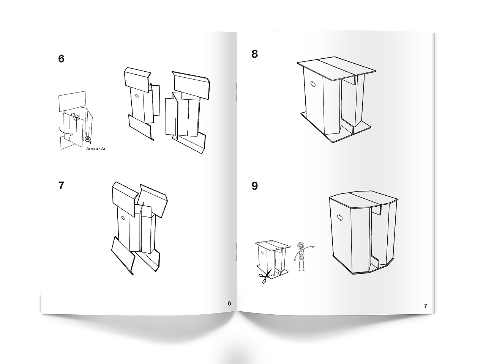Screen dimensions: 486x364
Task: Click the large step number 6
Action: coord(61,58)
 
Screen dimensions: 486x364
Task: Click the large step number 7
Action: coord(62,185)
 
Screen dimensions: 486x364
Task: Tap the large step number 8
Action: coord(255,54)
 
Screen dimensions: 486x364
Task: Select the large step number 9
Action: coord(255,186)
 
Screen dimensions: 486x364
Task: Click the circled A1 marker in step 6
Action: coord(76,118)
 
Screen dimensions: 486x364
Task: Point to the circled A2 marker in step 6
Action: coord(88,139)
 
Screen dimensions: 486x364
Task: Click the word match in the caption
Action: coord(96,149)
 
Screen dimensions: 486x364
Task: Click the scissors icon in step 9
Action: coord(265,276)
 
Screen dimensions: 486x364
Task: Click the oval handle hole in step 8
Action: coord(314,84)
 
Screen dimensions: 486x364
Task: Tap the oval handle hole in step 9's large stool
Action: coord(340,218)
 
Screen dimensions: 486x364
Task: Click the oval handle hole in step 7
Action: coord(123,218)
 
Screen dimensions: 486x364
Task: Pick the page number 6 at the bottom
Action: coord(229,303)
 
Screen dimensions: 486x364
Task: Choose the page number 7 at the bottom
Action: coord(425,306)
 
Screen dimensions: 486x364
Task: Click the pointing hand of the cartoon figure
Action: coord(312,246)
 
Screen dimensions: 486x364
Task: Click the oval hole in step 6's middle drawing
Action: coord(137,96)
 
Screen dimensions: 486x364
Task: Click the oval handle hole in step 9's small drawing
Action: coord(263,252)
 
